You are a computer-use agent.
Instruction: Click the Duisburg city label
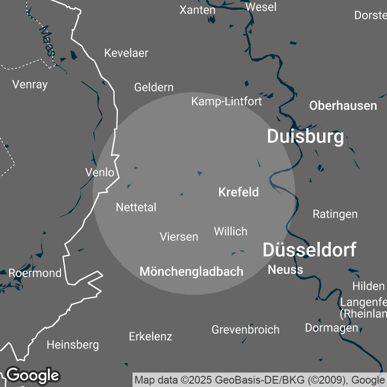pos(305,136)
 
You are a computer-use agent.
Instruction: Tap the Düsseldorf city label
pos(309,250)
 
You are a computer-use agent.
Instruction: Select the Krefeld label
pos(238,192)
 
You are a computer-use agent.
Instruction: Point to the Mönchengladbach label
pos(191,271)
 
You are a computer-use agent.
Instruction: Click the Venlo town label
pos(100,172)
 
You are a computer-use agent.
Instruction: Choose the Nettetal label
pos(136,207)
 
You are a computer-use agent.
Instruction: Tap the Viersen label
pos(179,237)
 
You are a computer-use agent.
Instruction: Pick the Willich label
pos(231,231)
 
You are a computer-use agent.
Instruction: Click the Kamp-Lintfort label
pos(226,101)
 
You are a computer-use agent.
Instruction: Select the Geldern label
pos(154,87)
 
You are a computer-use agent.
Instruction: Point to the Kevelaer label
pos(126,53)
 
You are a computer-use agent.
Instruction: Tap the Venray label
pos(30,84)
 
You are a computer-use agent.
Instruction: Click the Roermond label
pos(35,273)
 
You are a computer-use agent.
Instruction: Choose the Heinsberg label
pos(73,345)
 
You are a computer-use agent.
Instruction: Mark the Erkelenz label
pos(150,336)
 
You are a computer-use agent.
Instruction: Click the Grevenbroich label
pos(245,329)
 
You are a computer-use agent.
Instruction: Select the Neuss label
pos(285,269)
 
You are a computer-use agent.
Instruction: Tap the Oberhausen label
pos(343,105)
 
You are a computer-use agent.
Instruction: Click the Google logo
pos(32,375)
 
